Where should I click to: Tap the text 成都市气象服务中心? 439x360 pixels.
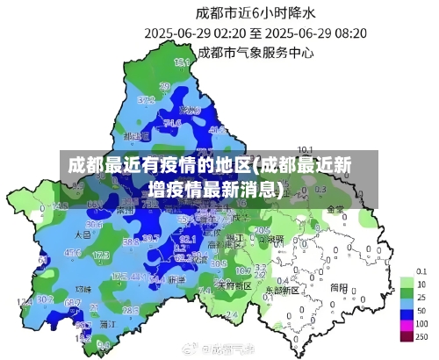[x=255, y=52]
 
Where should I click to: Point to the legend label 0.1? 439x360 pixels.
[x=421, y=271]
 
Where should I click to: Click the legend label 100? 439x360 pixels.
[x=421, y=324]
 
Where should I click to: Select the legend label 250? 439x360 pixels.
[x=422, y=337]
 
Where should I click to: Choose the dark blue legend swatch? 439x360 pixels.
[x=407, y=312]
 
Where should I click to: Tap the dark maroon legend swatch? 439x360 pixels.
[x=407, y=336]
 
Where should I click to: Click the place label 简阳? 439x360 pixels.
[x=338, y=286]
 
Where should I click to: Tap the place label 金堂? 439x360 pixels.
[x=335, y=209]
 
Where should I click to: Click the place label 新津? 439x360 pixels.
[x=176, y=279]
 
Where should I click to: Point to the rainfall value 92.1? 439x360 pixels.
[x=187, y=238]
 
